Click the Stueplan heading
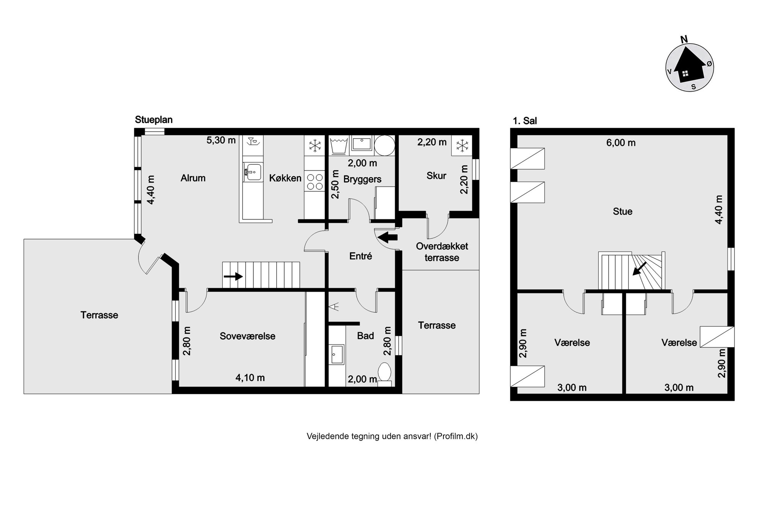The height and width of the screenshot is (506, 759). click(x=154, y=120)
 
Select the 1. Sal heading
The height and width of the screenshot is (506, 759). click(x=525, y=121)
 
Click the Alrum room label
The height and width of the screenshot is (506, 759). click(x=193, y=178)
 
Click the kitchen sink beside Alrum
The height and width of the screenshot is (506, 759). click(x=252, y=172)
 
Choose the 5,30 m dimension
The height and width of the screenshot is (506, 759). click(x=221, y=140)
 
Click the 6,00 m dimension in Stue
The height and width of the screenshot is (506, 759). click(x=621, y=143)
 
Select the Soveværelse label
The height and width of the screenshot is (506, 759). click(x=248, y=336)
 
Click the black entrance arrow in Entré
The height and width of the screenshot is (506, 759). click(x=388, y=237)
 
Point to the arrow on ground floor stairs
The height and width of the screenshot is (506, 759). click(x=233, y=276)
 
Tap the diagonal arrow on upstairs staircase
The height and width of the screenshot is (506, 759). click(x=640, y=268)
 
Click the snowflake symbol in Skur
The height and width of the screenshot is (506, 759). click(x=462, y=145)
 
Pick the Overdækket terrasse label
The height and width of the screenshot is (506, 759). click(x=442, y=252)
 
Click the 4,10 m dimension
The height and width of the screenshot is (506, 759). click(x=250, y=378)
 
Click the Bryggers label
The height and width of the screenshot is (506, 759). click(x=362, y=179)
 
